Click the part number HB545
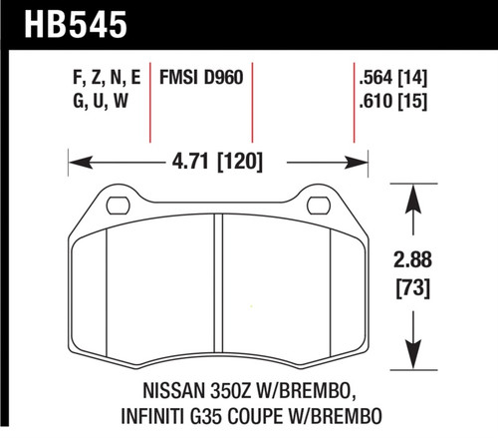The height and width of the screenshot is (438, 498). coord(66,20)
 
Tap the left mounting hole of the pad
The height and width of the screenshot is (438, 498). coord(118,206)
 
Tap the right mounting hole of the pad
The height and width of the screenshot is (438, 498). coord(319,206)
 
